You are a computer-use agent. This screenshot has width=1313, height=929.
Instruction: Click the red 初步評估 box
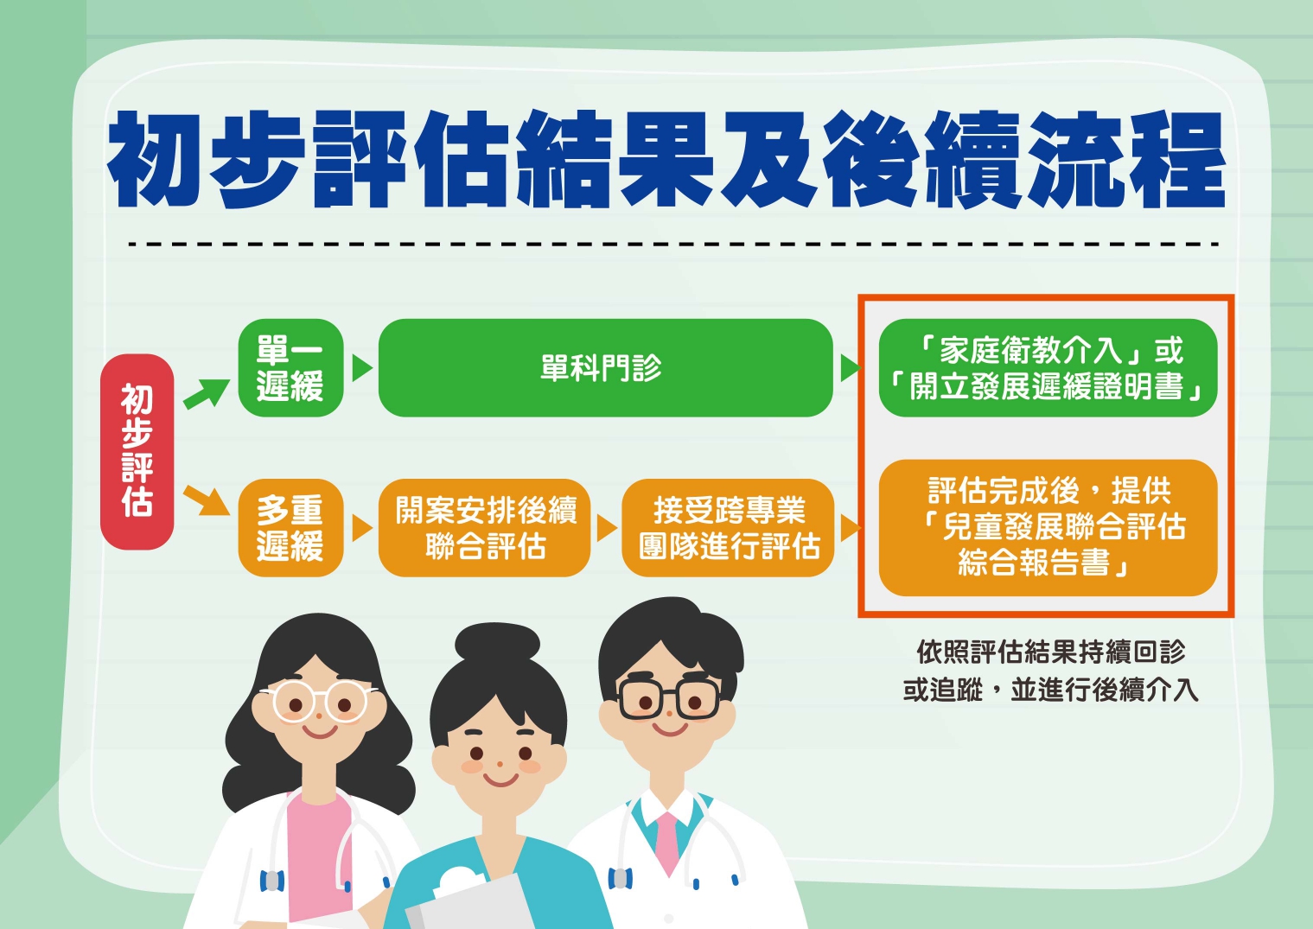[137, 451]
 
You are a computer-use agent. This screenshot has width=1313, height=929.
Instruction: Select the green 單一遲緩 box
[290, 368]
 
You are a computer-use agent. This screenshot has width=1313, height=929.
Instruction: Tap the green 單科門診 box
[606, 368]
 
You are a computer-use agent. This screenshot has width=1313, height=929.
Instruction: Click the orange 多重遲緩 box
[290, 527]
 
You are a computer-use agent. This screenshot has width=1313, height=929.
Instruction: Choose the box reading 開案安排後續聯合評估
[484, 527]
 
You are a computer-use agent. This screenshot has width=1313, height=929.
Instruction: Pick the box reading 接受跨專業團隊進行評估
[728, 527]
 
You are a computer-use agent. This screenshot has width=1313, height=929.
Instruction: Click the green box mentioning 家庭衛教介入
[1048, 368]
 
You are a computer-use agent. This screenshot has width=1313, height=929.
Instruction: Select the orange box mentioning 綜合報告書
[1048, 527]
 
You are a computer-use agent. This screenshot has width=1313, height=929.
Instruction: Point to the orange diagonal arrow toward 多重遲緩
[207, 500]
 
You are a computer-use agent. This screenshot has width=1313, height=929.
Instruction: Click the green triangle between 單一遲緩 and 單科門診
[362, 368]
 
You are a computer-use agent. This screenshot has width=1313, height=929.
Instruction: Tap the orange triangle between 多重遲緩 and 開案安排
[362, 527]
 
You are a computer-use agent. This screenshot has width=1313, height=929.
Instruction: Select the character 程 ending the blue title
[1177, 159]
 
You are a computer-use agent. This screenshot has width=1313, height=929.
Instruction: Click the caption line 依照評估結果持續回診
[1051, 652]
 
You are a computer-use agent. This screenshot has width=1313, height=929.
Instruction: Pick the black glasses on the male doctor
[669, 698]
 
